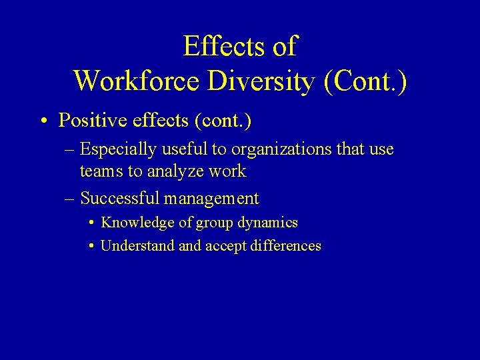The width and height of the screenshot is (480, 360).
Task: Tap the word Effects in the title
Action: pos(219,47)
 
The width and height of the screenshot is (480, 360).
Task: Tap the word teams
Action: pos(101,171)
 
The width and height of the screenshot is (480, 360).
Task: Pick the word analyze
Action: pos(176,171)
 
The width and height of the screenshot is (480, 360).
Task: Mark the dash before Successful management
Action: pos(70,199)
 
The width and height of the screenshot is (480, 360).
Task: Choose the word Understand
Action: pos(137,246)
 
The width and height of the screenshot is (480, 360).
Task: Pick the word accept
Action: pos(226,246)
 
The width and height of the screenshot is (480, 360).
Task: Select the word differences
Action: pos(286,246)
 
